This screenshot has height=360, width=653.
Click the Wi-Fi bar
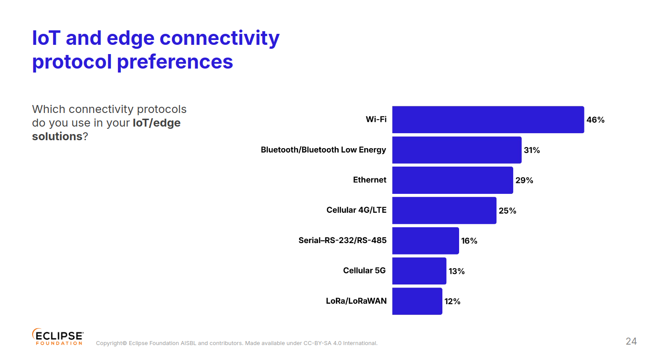(488, 120)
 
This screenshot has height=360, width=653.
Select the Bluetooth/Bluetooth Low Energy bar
(457, 150)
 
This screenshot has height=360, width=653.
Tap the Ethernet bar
(452, 180)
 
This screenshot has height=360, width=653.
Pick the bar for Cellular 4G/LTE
(444, 211)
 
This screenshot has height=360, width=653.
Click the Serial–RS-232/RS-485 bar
(425, 241)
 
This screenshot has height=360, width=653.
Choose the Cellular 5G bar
(419, 271)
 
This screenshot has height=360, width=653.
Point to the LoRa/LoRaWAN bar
(417, 301)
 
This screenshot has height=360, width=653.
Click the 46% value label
(595, 120)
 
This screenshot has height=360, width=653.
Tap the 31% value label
(532, 150)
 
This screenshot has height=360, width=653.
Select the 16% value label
(469, 241)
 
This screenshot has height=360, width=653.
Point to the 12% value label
(452, 302)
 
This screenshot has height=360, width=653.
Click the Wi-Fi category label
(376, 119)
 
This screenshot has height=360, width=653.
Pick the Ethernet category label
(369, 180)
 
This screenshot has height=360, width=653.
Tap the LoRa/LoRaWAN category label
(356, 301)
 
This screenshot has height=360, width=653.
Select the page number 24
(631, 342)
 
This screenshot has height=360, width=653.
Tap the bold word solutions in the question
(57, 137)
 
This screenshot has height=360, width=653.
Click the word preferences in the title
(175, 62)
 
